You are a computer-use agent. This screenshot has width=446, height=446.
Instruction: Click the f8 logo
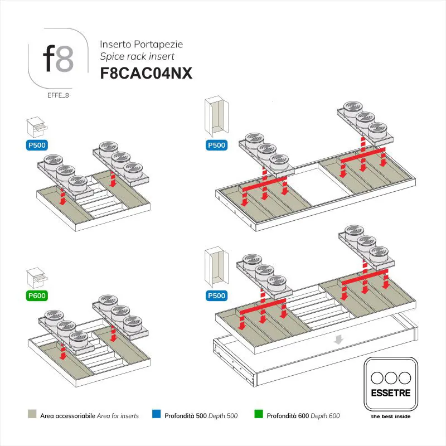point(58,59)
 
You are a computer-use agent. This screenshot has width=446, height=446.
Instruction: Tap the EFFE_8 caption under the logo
point(58,95)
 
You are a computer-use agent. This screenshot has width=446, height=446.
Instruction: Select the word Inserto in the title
point(114,43)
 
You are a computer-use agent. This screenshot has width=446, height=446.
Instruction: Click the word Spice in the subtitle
point(111,56)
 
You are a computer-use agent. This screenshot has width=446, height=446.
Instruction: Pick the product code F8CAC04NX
point(146,74)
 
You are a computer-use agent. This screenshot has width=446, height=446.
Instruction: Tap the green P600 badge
point(37,295)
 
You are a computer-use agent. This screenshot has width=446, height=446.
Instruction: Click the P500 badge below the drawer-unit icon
point(37,146)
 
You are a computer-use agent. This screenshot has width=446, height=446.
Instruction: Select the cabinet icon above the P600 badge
point(37,277)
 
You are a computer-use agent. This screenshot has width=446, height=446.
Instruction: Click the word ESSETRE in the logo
point(390,393)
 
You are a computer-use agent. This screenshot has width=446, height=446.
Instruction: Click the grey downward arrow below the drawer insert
point(338,339)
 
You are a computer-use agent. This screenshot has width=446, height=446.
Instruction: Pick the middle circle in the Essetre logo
point(390,376)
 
